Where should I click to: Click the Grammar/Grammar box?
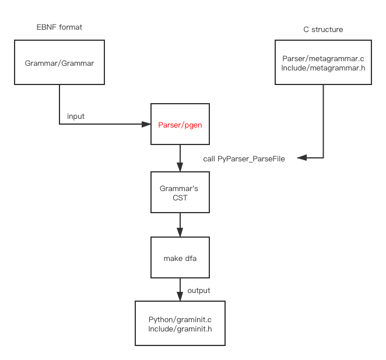[59, 63]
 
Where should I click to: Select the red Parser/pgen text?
[180, 125]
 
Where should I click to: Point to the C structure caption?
[323, 29]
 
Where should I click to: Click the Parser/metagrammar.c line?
[322, 59]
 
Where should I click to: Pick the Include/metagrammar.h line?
[322, 68]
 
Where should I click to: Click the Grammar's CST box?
[180, 192]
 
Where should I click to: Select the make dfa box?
[180, 257]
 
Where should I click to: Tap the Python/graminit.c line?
[180, 320]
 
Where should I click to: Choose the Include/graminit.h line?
[180, 329]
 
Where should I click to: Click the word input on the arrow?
[76, 117]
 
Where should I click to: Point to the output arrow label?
[199, 290]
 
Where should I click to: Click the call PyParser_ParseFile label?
[244, 158]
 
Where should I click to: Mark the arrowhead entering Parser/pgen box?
[147, 124]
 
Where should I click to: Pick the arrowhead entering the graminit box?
[180, 298]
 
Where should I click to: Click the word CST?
[180, 197]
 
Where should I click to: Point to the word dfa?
[190, 257]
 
